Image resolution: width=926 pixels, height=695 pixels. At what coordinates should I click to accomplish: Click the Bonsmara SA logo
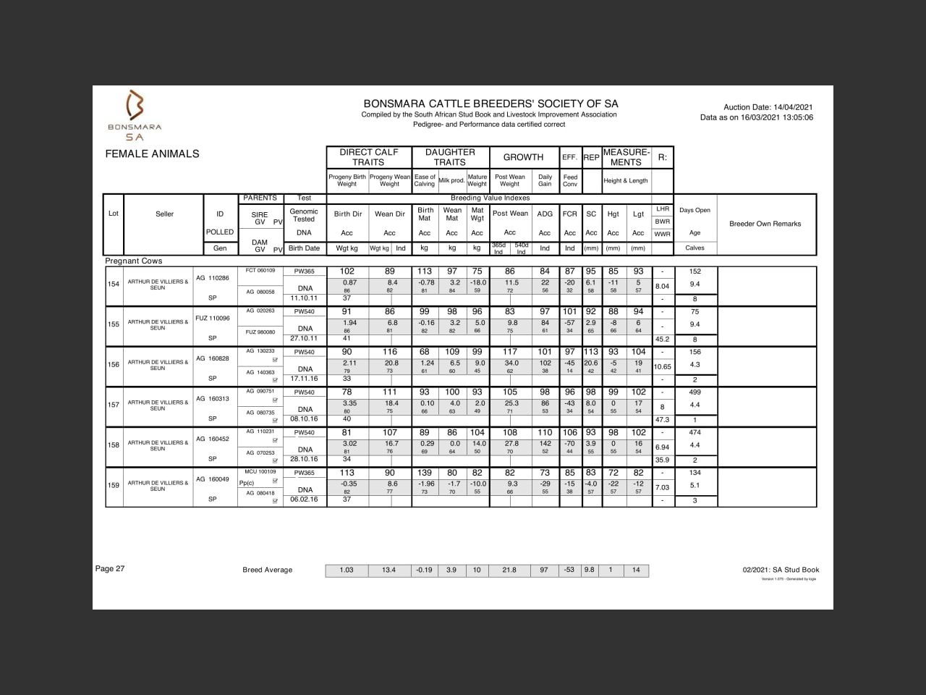tap(135, 115)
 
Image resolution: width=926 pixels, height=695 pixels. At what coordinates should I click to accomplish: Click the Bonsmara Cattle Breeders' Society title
tap(490, 104)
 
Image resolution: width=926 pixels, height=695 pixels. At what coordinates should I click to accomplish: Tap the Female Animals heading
tap(152, 153)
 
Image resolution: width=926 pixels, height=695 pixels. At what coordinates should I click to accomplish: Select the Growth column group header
tap(523, 157)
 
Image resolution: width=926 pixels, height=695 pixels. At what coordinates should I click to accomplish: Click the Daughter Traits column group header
tap(450, 157)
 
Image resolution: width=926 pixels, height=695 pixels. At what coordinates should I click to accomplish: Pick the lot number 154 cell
tap(114, 284)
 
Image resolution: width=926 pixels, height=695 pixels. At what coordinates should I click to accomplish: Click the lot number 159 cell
tap(114, 485)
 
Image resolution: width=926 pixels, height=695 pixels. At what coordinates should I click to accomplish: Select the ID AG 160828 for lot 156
tap(213, 358)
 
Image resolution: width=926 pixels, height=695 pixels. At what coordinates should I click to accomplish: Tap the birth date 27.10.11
tap(305, 338)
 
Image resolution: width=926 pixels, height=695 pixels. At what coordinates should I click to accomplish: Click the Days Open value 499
tap(695, 392)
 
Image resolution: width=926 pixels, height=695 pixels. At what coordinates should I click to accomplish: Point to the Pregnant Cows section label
tap(134, 261)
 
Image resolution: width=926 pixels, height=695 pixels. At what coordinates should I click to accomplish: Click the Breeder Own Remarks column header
tap(765, 224)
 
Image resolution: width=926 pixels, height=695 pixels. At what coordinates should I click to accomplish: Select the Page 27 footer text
tap(110, 568)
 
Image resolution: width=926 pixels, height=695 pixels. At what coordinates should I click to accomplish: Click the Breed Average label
tap(268, 570)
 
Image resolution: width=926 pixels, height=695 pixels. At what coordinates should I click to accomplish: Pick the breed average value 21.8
tap(509, 570)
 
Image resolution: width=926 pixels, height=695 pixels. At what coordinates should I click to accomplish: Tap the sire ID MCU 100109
tap(260, 471)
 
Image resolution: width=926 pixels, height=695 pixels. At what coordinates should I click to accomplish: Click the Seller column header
tap(164, 214)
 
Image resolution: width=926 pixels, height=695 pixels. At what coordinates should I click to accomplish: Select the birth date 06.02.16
tap(305, 499)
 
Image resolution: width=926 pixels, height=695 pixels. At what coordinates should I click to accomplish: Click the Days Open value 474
tap(695, 432)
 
